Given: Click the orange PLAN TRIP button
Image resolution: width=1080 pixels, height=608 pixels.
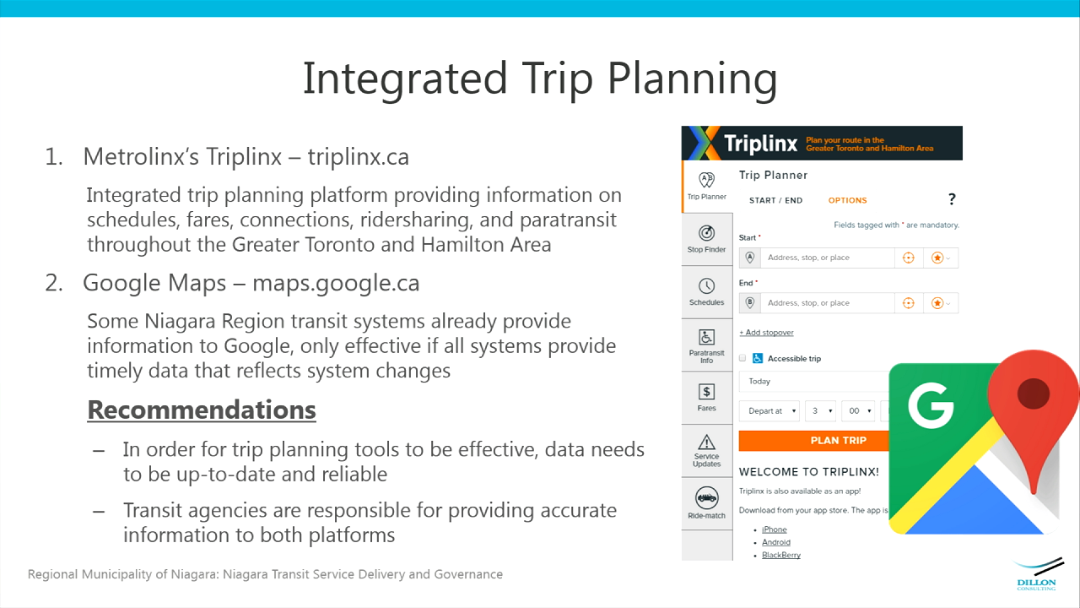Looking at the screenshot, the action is click(814, 441).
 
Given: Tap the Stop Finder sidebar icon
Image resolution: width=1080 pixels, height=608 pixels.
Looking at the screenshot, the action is click(706, 233).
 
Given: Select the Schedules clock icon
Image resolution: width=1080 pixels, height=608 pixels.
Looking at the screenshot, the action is click(706, 285).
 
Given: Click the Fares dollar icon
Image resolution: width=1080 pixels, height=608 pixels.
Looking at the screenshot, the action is click(706, 392).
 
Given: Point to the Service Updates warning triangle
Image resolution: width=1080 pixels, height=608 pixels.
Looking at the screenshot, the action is click(706, 442).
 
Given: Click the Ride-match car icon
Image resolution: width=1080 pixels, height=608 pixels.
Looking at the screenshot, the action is click(706, 498).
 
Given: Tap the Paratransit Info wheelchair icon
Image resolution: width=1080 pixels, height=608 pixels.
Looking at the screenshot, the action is click(706, 337).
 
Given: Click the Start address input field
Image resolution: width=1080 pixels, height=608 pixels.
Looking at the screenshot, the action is click(828, 258).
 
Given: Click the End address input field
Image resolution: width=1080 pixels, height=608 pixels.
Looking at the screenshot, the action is click(828, 303).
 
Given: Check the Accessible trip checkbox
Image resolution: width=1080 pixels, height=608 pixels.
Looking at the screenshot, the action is click(742, 358).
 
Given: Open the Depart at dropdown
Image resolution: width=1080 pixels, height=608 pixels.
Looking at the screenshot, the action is click(769, 411).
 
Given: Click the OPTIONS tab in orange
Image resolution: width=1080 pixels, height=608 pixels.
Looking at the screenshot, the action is click(848, 200).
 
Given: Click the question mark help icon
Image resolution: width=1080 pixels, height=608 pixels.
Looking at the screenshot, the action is click(952, 198).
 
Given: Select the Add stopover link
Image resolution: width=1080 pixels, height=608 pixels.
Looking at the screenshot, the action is click(766, 333).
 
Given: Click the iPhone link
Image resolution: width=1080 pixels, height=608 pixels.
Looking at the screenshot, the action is click(775, 529).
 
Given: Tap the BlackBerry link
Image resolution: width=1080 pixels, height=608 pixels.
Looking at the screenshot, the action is click(781, 555).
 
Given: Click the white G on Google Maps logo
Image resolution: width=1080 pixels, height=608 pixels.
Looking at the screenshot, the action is click(931, 405).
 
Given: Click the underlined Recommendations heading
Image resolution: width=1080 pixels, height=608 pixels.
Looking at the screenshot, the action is click(202, 410).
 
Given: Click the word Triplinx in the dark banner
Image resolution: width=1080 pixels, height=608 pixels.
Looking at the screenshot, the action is click(760, 144).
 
